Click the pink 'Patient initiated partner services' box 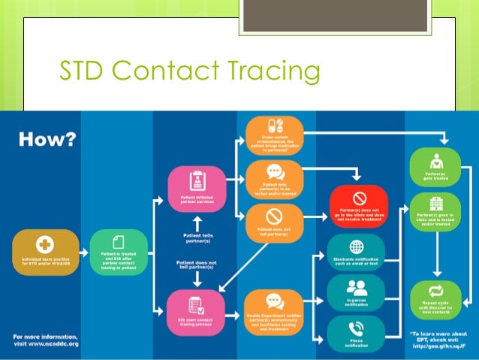click(x=195, y=189)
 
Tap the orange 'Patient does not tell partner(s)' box click(x=273, y=223)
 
